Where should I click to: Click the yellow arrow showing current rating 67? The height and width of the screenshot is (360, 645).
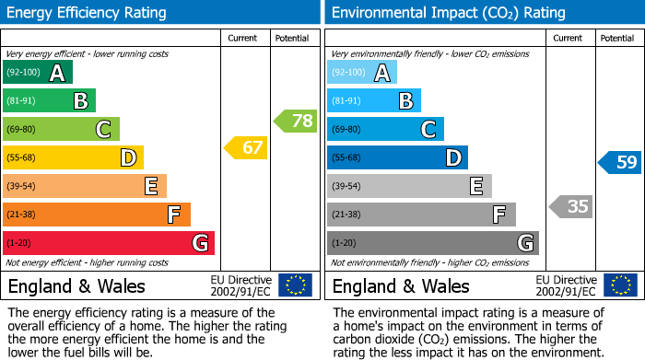(246, 147)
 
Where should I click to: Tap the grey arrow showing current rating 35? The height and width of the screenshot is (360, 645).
(570, 206)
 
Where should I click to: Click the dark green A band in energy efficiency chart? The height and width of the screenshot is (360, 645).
(38, 73)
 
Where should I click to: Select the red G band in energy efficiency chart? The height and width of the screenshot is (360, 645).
(109, 243)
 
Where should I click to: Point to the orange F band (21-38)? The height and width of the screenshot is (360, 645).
(97, 215)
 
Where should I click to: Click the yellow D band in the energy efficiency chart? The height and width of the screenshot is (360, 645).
(73, 157)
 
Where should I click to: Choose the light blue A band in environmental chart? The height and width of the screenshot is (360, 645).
(362, 73)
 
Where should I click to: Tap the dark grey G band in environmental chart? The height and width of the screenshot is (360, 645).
(432, 243)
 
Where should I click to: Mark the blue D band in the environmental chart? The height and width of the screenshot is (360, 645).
(397, 157)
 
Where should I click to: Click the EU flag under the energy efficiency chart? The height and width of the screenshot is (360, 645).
(295, 285)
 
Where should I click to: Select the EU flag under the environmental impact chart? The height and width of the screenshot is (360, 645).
(620, 285)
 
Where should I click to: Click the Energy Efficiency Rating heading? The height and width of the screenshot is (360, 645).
(88, 13)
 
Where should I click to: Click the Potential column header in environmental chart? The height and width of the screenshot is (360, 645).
(616, 38)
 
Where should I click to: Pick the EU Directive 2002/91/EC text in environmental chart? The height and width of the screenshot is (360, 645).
(565, 285)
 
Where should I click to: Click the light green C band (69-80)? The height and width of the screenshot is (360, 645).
(61, 129)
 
